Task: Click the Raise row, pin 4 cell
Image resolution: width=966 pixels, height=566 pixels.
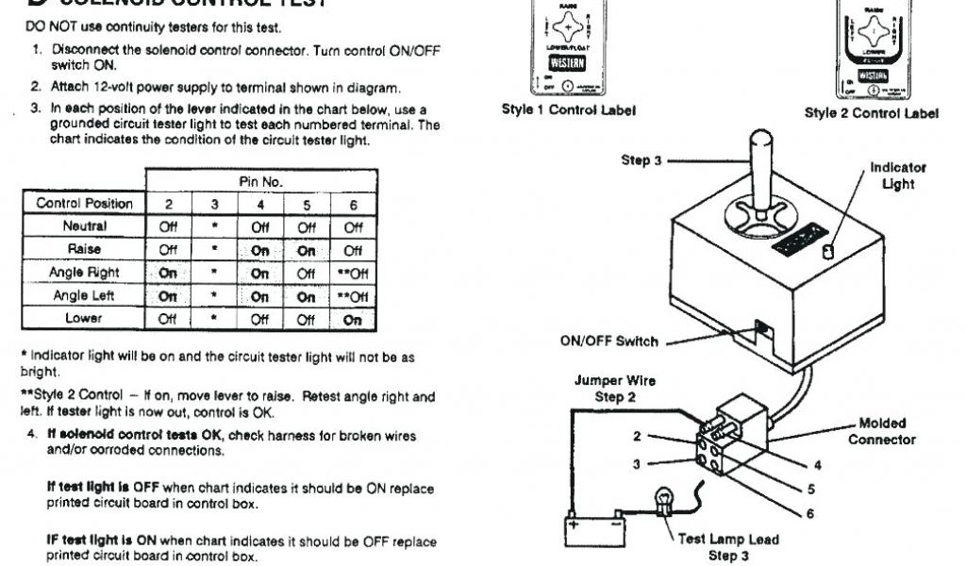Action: pos(260,250)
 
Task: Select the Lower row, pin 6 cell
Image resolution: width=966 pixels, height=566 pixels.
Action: pos(353,319)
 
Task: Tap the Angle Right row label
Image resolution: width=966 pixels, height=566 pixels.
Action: pos(84,273)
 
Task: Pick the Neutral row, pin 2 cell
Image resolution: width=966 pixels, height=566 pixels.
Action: pos(169,226)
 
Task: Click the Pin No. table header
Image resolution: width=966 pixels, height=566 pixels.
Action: pos(261,180)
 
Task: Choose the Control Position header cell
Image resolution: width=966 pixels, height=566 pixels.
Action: pos(84,204)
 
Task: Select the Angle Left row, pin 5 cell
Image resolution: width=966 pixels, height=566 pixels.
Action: pos(307,296)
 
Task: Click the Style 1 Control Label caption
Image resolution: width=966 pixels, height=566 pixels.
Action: pos(568,110)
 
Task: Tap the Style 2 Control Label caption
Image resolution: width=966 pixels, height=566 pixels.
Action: pos(872,113)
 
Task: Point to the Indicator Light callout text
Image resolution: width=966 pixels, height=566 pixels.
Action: pos(897,175)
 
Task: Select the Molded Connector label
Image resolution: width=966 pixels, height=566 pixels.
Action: pos(882,432)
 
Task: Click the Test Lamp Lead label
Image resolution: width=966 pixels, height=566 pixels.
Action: pos(728,541)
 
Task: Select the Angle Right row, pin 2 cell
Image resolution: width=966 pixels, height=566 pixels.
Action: pos(169,273)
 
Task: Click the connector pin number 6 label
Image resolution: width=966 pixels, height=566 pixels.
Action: pos(808,513)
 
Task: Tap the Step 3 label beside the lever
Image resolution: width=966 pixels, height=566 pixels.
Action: pos(641,160)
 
